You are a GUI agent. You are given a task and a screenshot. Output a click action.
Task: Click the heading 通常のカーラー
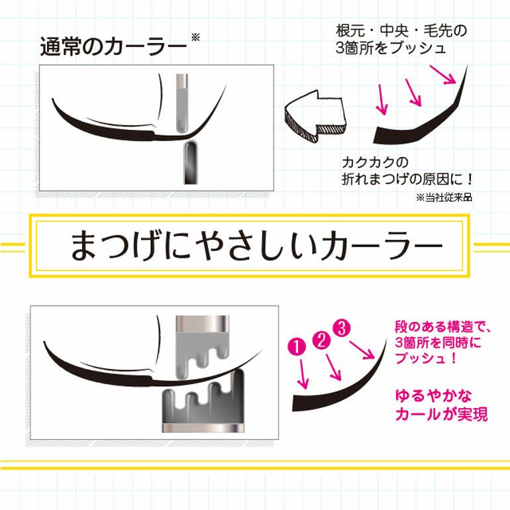[x=113, y=47]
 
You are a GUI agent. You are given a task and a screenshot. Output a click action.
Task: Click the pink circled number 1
[x=297, y=346]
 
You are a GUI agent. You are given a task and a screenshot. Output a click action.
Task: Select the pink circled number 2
[x=321, y=340]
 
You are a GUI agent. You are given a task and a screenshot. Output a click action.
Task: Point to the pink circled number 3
[x=342, y=328]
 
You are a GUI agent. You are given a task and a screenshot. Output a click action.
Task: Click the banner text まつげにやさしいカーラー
[x=256, y=246]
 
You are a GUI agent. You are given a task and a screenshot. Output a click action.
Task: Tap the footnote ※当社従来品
[x=444, y=197]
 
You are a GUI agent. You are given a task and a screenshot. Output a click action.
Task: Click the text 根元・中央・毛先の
[x=401, y=31]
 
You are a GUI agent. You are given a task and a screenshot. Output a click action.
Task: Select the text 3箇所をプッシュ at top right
[x=391, y=48]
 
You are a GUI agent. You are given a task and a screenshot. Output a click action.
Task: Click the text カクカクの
[x=375, y=162]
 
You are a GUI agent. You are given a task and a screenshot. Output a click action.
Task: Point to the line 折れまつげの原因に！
[x=407, y=179]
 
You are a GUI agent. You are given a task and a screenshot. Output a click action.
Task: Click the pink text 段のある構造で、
[x=442, y=327]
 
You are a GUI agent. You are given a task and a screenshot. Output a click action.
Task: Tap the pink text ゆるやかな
[x=433, y=396]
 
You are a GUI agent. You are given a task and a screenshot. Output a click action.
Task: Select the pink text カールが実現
[x=441, y=414]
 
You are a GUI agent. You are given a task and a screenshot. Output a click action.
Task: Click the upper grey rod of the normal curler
[x=182, y=103]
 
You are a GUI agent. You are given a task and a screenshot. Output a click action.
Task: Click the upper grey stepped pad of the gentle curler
[x=201, y=346]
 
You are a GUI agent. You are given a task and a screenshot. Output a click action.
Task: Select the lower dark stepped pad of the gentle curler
[x=203, y=401]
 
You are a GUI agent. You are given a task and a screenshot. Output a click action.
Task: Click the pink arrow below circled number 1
[x=303, y=374]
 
